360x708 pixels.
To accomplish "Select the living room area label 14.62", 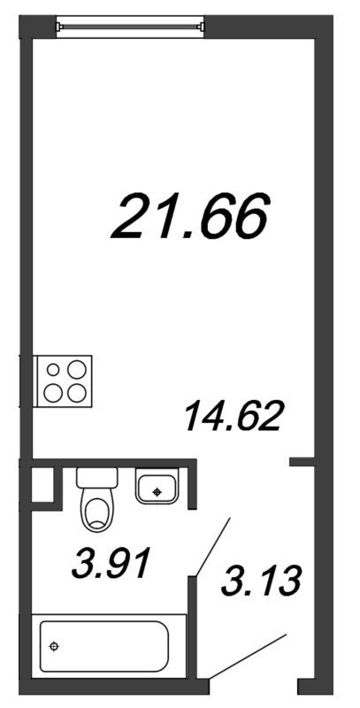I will pos(233,415).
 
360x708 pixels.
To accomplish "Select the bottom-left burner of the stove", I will pos(55,392).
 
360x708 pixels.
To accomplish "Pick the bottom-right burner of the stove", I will pos(78,392).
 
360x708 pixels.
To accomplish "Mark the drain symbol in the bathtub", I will pos(55,647).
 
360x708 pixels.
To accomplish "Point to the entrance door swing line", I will pos(252,656).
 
